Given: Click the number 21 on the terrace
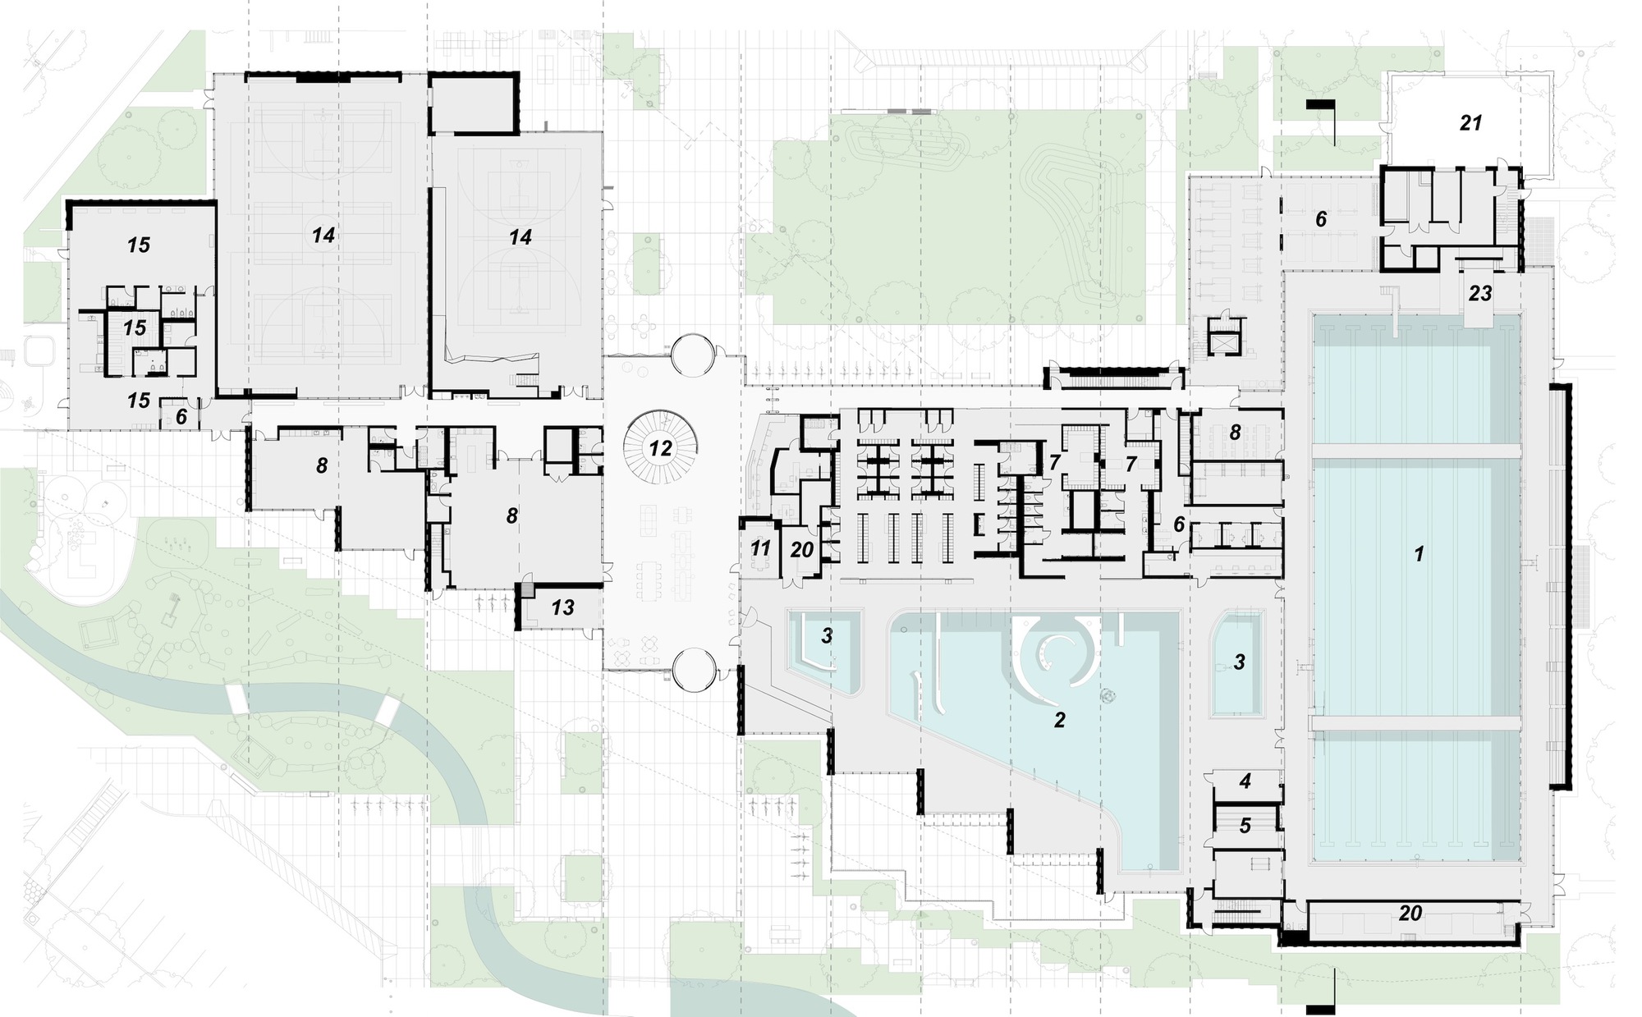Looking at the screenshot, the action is (1470, 123).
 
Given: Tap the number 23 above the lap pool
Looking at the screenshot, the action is (1480, 294).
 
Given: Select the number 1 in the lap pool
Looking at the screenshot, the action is (1418, 555).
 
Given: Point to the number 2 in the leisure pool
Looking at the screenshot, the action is (1059, 720).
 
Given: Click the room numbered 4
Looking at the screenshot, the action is (1245, 781).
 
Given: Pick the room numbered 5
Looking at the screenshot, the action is (1245, 826).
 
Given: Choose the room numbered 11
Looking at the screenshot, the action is (760, 547).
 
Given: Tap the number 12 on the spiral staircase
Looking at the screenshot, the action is (660, 448).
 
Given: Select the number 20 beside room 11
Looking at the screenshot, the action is (801, 549).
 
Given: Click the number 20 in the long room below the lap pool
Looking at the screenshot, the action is (1410, 913).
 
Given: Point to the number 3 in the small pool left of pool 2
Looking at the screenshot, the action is (827, 635).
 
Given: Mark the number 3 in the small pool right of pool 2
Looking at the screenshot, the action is (1240, 662).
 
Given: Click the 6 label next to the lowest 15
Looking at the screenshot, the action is (181, 416).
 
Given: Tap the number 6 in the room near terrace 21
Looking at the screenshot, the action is (1321, 219).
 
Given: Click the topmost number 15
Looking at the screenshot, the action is (139, 245).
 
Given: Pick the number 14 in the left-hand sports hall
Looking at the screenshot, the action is (323, 236).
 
